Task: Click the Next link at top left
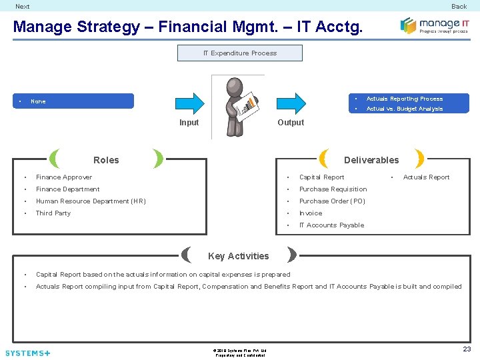(x=23, y=7)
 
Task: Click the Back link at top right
(x=459, y=7)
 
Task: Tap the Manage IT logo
(x=435, y=25)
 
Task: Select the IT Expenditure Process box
(x=240, y=53)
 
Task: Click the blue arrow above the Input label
(x=189, y=103)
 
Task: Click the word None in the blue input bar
(x=38, y=101)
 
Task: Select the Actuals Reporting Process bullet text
(x=404, y=99)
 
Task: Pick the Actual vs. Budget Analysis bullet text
(x=404, y=109)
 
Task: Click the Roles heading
(x=106, y=160)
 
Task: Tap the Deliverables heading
(x=371, y=160)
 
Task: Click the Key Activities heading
(x=239, y=256)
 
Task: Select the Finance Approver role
(x=64, y=177)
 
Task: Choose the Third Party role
(x=53, y=213)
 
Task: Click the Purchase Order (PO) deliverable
(x=333, y=201)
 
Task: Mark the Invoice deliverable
(x=311, y=213)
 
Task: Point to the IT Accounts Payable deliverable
(x=331, y=225)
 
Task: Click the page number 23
(x=467, y=349)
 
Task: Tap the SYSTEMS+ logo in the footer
(x=27, y=353)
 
